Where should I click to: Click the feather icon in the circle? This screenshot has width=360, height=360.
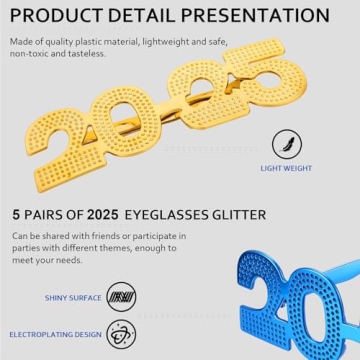click(x=288, y=144)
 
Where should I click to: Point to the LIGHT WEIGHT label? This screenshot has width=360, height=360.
click(x=286, y=169)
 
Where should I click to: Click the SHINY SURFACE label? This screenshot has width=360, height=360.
click(x=72, y=297)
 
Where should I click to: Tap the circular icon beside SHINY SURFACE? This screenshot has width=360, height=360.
click(x=121, y=296)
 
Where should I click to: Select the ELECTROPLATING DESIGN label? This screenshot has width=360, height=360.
click(x=55, y=334)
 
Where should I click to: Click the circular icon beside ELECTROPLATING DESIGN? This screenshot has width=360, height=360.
click(x=121, y=333)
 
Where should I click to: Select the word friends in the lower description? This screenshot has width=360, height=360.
click(x=114, y=236)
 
